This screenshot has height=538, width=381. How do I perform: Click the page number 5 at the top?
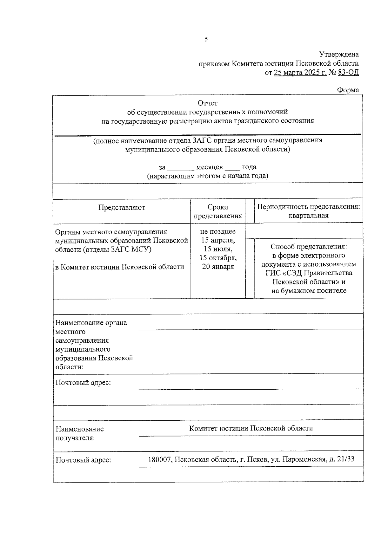coord(206,40)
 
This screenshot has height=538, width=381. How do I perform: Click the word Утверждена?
coord(339,55)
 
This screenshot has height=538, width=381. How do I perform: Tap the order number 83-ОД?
coord(348,73)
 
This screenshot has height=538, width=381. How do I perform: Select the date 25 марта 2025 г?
coord(300,73)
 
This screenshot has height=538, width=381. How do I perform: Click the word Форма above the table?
coord(348,90)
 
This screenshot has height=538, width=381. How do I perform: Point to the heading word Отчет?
coord(208,103)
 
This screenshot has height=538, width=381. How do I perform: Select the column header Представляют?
coord(122,207)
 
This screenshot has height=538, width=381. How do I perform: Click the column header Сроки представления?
coord(218,211)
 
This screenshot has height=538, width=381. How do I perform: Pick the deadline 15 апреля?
coord(218,240)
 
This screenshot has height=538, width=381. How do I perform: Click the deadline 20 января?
coord(218,267)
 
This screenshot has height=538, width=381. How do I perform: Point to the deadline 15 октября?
coord(218,258)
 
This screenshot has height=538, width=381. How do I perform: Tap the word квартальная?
coord(308,216)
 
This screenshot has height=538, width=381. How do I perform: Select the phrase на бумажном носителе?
coord(309,291)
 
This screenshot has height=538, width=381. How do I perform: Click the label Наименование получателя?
coord(80,434)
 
